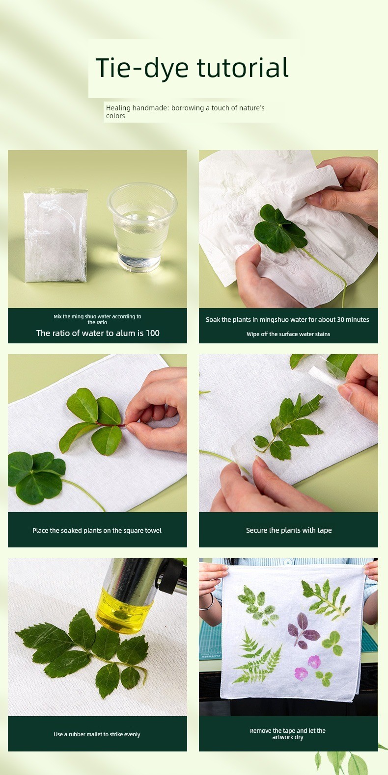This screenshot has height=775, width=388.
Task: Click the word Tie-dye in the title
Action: tap(142, 68)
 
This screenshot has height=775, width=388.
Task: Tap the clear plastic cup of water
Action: tap(142, 227)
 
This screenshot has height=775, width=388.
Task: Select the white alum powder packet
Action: tap(55, 236)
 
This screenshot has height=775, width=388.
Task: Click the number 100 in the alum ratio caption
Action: tap(152, 333)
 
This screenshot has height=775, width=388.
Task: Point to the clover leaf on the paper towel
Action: tap(280, 228)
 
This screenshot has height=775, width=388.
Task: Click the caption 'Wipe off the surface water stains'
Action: tap(288, 334)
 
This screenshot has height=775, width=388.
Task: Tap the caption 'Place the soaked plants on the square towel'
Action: tap(97, 530)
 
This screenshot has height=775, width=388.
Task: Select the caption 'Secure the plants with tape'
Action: tap(289, 530)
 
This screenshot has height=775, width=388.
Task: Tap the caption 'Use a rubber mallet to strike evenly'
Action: tap(97, 734)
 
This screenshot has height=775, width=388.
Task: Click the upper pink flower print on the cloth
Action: tap(314, 662)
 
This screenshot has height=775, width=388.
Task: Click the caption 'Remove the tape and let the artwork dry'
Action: tap(287, 734)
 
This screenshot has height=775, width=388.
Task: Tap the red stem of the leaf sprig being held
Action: tap(111, 423)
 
